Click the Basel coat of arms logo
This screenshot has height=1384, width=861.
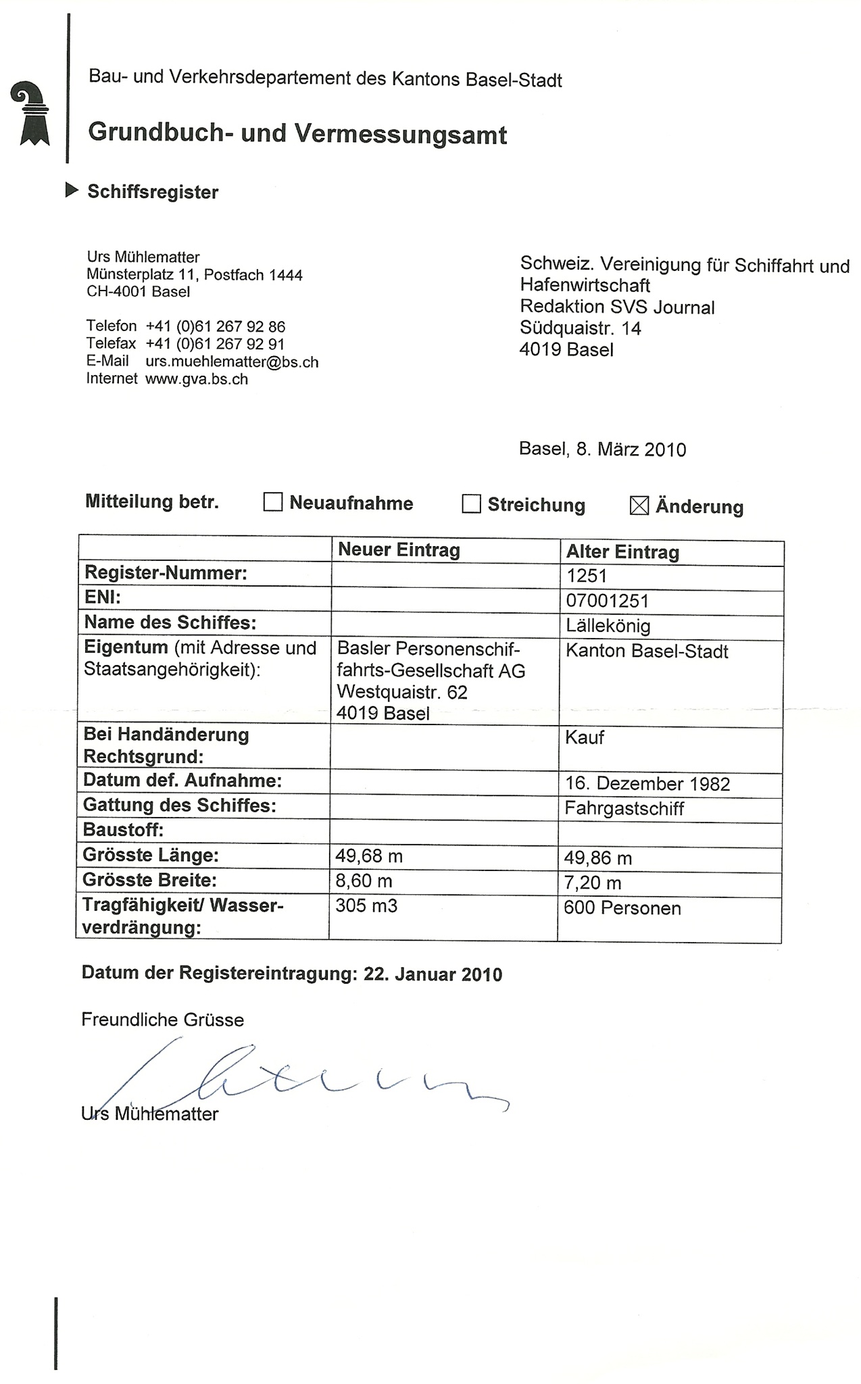pyautogui.click(x=31, y=114)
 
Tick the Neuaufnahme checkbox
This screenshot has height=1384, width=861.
pyautogui.click(x=272, y=502)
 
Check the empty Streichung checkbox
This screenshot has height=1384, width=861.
pyautogui.click(x=471, y=504)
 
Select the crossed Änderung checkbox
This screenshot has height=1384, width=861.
pyautogui.click(x=639, y=505)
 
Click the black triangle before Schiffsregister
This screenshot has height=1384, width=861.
pyautogui.click(x=72, y=191)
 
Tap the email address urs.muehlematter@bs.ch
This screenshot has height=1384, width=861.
pyautogui.click(x=232, y=362)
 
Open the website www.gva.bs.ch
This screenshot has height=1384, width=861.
pyautogui.click(x=197, y=379)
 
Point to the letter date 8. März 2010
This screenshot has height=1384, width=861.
pyautogui.click(x=631, y=449)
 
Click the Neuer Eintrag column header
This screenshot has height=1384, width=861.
pyautogui.click(x=399, y=549)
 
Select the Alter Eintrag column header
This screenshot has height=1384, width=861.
pyautogui.click(x=622, y=552)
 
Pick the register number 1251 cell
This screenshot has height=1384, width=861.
pyautogui.click(x=587, y=576)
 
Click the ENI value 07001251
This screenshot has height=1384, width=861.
pyautogui.click(x=607, y=601)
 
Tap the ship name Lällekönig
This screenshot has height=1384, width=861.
pyautogui.click(x=608, y=626)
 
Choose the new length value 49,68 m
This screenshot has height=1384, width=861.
pyautogui.click(x=369, y=857)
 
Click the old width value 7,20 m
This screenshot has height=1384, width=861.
pyautogui.click(x=593, y=883)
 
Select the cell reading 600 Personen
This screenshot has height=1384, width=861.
pyautogui.click(x=622, y=908)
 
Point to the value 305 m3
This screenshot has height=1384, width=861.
pyautogui.click(x=366, y=906)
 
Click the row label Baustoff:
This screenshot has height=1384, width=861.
pyautogui.click(x=123, y=830)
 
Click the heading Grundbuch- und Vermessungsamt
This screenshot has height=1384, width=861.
pyautogui.click(x=297, y=133)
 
